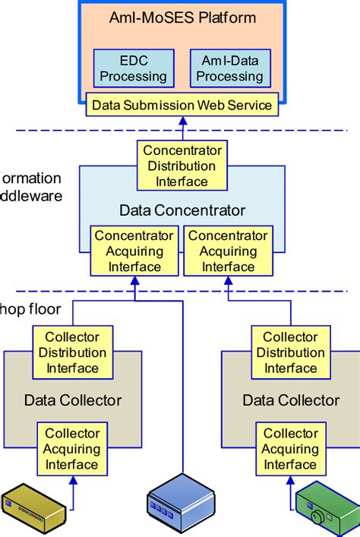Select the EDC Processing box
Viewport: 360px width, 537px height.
point(134,68)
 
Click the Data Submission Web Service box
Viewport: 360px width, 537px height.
point(182,105)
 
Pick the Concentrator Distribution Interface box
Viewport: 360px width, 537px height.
point(182,166)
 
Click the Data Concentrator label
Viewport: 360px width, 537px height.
point(182,210)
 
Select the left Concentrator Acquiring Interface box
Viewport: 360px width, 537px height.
point(134,251)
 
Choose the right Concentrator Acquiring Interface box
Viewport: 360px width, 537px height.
point(228,251)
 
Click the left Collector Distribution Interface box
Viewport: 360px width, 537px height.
point(72,352)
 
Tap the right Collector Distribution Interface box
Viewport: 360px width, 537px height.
point(290,352)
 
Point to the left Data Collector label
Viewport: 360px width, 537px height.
point(72,400)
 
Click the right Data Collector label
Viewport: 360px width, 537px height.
point(290,400)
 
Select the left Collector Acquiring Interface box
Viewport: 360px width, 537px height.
point(72,449)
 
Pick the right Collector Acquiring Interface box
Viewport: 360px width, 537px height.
point(290,449)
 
